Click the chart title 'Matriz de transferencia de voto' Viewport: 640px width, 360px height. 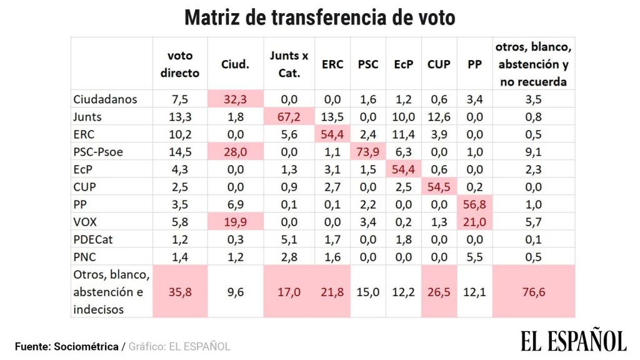[x=319, y=17]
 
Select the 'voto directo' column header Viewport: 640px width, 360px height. [x=180, y=64]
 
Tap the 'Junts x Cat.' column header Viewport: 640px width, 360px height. [x=289, y=64]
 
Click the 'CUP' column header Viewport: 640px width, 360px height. [x=439, y=64]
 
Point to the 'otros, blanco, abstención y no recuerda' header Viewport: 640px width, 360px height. [x=534, y=64]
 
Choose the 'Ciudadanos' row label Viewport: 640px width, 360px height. [x=105, y=99]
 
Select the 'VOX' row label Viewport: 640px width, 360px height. [x=87, y=221]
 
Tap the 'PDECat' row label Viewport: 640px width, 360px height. [x=94, y=238]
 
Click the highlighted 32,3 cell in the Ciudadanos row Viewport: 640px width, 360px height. [x=236, y=99]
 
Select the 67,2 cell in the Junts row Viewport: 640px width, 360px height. [x=289, y=116]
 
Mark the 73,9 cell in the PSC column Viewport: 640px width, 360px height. [x=367, y=151]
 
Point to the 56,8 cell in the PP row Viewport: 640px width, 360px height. [x=473, y=204]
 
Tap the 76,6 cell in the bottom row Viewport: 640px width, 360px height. [x=534, y=292]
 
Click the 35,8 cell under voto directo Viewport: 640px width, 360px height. [x=180, y=292]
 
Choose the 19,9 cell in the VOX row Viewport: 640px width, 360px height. [x=236, y=221]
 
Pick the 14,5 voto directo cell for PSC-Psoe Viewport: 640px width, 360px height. [x=180, y=151]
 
